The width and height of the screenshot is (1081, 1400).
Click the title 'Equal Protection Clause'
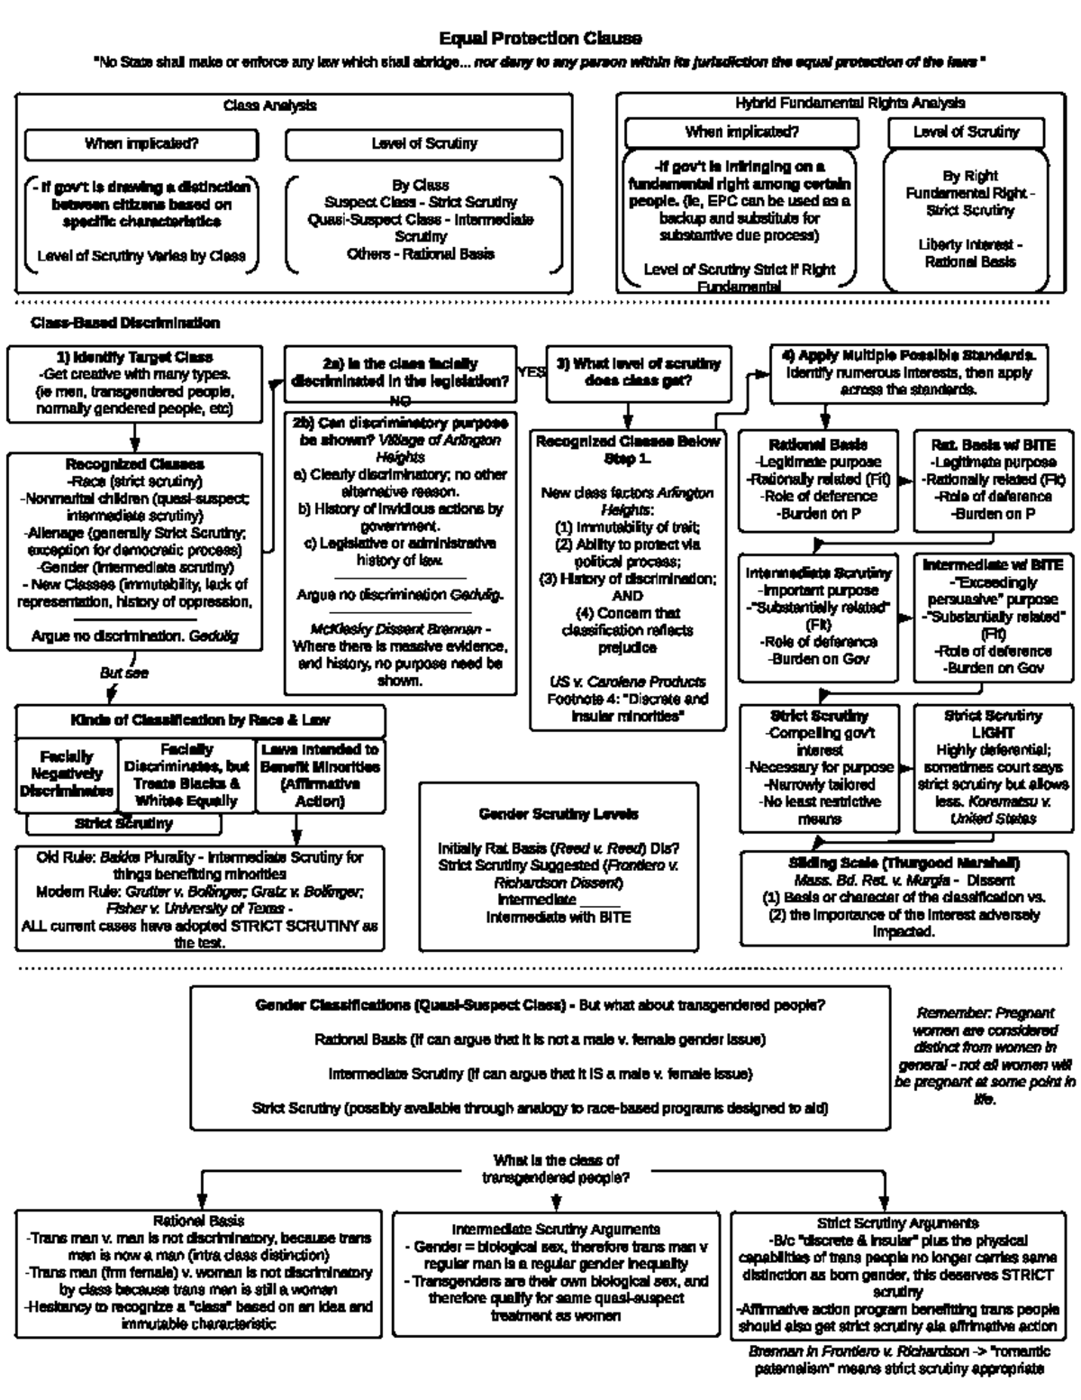point(540,39)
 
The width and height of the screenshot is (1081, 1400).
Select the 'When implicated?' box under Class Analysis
point(141,143)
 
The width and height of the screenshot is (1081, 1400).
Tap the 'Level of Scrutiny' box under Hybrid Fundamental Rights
point(966,133)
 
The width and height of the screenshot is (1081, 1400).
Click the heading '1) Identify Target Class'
point(135,357)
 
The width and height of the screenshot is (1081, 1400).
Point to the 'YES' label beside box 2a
point(531,371)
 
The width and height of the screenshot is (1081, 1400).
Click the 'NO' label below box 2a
point(400,400)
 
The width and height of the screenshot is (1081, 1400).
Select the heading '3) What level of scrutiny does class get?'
point(638,372)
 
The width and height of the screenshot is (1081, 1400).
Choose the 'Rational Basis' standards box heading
point(818,444)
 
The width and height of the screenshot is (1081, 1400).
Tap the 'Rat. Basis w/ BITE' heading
point(993,444)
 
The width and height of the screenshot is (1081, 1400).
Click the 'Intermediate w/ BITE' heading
point(993,565)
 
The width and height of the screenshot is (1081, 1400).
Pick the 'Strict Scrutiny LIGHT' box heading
point(993,724)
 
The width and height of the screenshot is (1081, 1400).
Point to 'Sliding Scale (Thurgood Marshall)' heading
point(904,863)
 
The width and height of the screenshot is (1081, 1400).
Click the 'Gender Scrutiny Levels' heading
point(559,814)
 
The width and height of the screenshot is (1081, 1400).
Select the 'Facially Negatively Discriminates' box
point(67,773)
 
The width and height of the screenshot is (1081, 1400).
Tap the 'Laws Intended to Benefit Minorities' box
point(320,774)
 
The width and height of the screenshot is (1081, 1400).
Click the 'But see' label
point(124,673)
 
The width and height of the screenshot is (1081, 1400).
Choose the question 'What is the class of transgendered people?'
point(556,1169)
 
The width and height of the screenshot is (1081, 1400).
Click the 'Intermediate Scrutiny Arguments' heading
point(556,1229)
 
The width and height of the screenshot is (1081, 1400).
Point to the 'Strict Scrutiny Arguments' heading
point(897,1223)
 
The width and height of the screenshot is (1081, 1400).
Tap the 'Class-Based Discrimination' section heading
point(125,323)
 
